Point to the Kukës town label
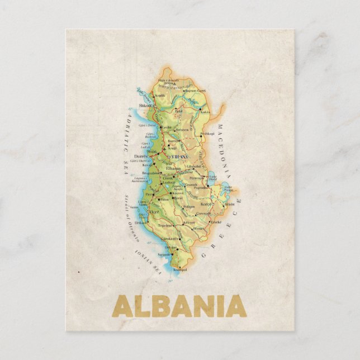tap(205, 112)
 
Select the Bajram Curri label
tap(195, 91)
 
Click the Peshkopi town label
tap(207, 134)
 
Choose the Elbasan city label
tap(173, 168)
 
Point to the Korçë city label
tap(206, 205)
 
